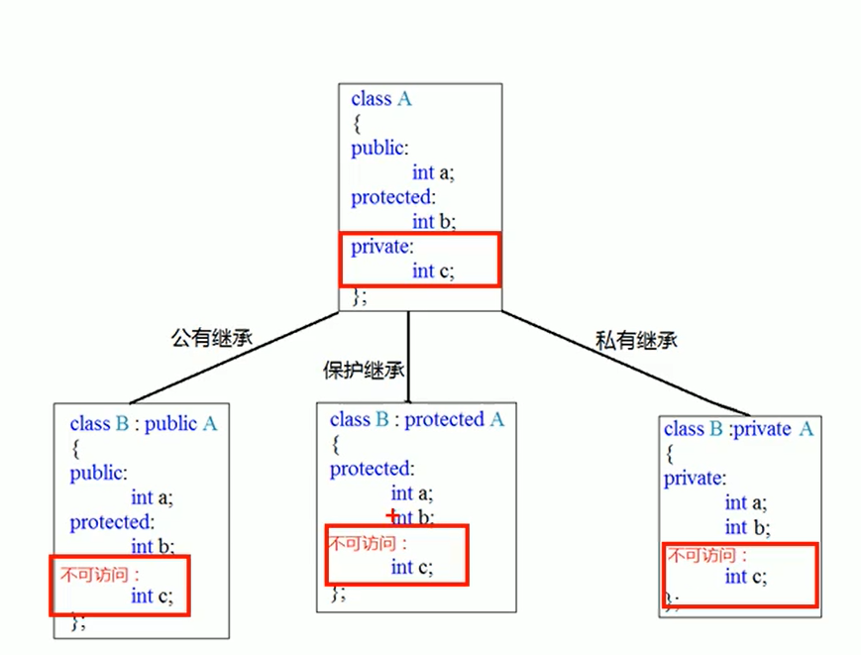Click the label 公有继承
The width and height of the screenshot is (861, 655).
(212, 338)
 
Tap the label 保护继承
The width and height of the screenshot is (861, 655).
(364, 371)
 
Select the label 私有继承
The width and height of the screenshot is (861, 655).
(636, 340)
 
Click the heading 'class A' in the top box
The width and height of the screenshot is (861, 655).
(380, 99)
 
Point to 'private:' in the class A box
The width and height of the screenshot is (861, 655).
(380, 247)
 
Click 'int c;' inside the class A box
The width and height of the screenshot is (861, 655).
(433, 271)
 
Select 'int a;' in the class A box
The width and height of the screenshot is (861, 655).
(433, 172)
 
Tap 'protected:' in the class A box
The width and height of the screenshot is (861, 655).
(392, 197)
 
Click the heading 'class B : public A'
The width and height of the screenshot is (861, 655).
(144, 424)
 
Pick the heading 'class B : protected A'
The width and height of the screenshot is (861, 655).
(417, 420)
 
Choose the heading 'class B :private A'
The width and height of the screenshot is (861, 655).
(738, 429)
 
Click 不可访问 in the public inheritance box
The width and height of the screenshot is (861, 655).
(95, 573)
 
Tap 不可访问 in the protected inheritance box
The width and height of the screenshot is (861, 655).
(367, 543)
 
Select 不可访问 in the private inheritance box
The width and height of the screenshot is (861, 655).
(705, 555)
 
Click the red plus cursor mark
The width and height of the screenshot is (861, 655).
(392, 516)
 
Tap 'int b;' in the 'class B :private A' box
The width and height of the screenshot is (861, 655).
(747, 527)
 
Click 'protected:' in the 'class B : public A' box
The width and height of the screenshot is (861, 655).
(112, 521)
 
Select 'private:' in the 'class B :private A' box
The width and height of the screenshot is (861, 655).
(694, 479)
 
